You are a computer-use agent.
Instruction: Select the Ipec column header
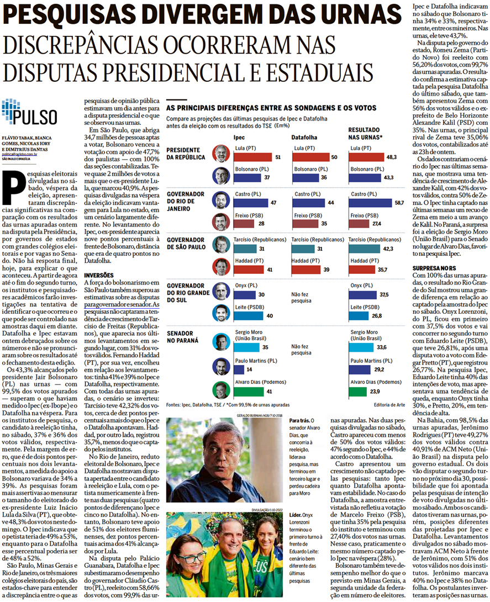click(239, 135)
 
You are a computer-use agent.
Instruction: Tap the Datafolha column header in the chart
click(304, 135)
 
